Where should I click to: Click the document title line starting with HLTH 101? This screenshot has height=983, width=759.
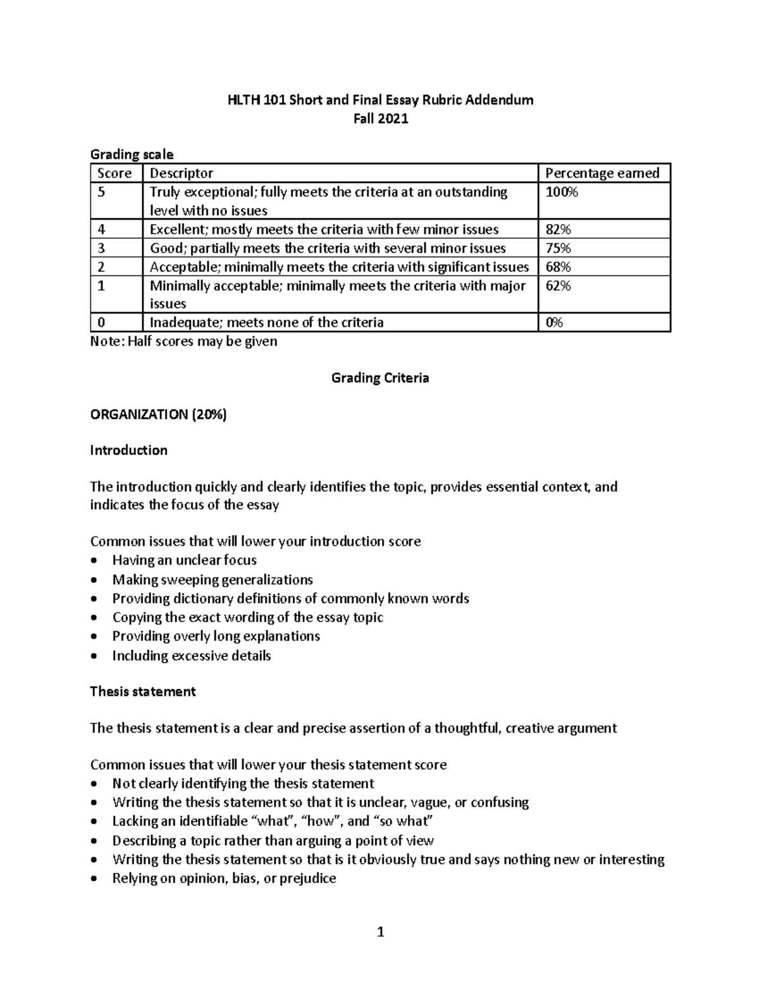380,100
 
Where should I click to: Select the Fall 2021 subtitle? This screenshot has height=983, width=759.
380,118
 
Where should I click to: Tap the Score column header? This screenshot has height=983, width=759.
114,173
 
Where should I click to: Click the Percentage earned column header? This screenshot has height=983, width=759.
602,173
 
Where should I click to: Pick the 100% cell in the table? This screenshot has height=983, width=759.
562,192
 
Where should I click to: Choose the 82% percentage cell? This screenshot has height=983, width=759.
558,229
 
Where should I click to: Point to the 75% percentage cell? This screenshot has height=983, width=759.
558,248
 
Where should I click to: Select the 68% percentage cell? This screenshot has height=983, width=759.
558,266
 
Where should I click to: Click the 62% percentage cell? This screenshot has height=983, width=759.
558,285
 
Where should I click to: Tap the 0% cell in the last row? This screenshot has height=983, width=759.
555,323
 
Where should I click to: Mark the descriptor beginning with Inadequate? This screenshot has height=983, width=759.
266,323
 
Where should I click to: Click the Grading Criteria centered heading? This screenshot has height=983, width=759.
380,378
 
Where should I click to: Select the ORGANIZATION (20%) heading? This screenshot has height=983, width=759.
158,415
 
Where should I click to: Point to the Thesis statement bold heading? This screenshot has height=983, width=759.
143,691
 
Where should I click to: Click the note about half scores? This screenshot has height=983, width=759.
183,342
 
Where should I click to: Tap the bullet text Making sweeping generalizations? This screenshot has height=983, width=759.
213,580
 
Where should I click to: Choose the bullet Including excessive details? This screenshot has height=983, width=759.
192,656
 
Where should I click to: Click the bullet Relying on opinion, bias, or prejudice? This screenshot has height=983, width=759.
224,879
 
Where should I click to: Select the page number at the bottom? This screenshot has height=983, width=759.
380,932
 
